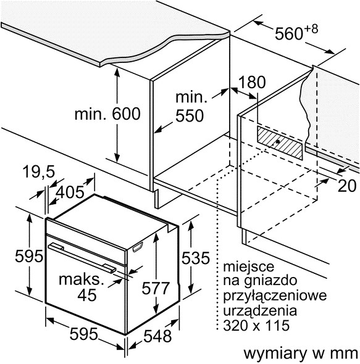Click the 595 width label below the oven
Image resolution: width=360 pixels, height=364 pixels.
coord(84,335)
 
